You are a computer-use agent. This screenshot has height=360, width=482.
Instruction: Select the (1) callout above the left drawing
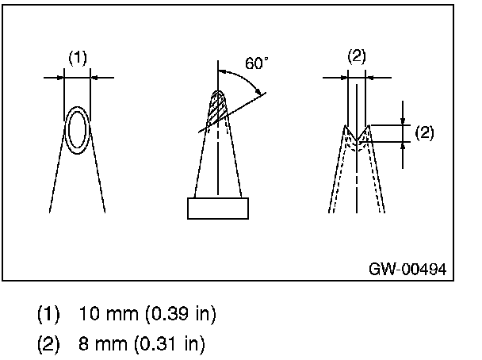[x=77, y=57]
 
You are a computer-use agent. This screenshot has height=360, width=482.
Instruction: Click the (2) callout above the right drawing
[x=358, y=56]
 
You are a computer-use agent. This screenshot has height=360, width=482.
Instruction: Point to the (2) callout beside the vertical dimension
[x=424, y=132]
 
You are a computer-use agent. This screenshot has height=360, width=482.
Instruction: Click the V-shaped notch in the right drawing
[x=357, y=140]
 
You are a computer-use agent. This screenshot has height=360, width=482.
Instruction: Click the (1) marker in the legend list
[x=48, y=315]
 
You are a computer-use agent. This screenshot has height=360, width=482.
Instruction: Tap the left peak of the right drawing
[x=346, y=127]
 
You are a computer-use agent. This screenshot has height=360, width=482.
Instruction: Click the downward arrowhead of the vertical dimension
[x=404, y=121]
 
